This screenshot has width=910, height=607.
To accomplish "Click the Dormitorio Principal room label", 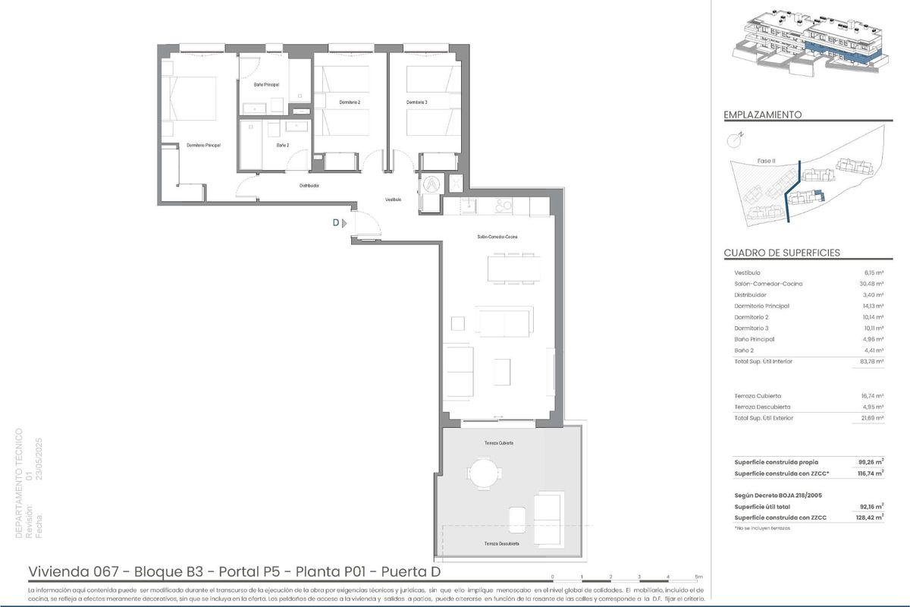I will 203,145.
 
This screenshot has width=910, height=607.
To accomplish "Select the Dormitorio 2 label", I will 350,102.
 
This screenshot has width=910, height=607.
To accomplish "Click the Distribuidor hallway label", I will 309,185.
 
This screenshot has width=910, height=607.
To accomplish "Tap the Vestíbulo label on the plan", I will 393,200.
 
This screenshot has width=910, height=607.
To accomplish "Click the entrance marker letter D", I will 335,223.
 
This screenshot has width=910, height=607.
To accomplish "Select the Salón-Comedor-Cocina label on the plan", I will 497,237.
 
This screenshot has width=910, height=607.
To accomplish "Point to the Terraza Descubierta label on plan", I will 501,544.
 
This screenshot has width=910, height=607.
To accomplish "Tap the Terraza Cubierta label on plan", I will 499,442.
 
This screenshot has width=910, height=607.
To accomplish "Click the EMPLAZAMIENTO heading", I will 763,115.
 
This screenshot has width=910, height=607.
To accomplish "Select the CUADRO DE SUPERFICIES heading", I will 782,253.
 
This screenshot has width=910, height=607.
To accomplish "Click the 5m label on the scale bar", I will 698,577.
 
